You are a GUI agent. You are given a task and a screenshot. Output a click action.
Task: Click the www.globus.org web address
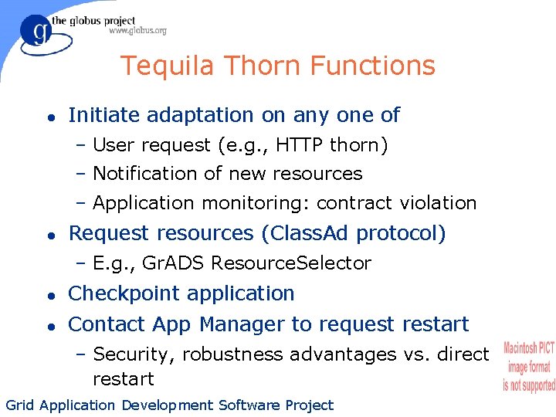coord(137,31)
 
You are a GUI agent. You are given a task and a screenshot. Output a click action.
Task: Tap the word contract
coord(352,203)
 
